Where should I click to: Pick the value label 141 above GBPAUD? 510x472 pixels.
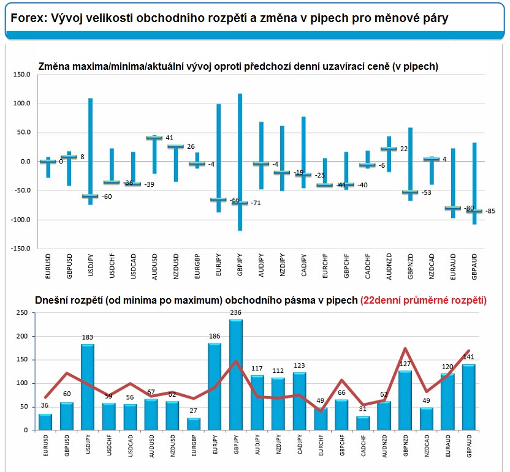tap(468, 357)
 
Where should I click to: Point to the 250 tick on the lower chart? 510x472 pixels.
tap(22, 313)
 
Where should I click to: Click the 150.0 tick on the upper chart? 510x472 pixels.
tap(22, 75)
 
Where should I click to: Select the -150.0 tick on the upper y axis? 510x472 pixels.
tap(20, 249)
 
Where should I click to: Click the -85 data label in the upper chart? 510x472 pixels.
tap(490, 212)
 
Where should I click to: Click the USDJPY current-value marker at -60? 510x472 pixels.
tap(90, 196)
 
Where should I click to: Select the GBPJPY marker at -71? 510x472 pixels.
tap(240, 203)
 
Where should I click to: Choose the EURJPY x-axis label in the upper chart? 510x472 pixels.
tap(218, 264)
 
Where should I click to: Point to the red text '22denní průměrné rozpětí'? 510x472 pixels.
tap(424, 300)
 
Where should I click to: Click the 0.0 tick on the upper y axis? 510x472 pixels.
tap(25, 162)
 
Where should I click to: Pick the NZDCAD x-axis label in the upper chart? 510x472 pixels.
tap(432, 264)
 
